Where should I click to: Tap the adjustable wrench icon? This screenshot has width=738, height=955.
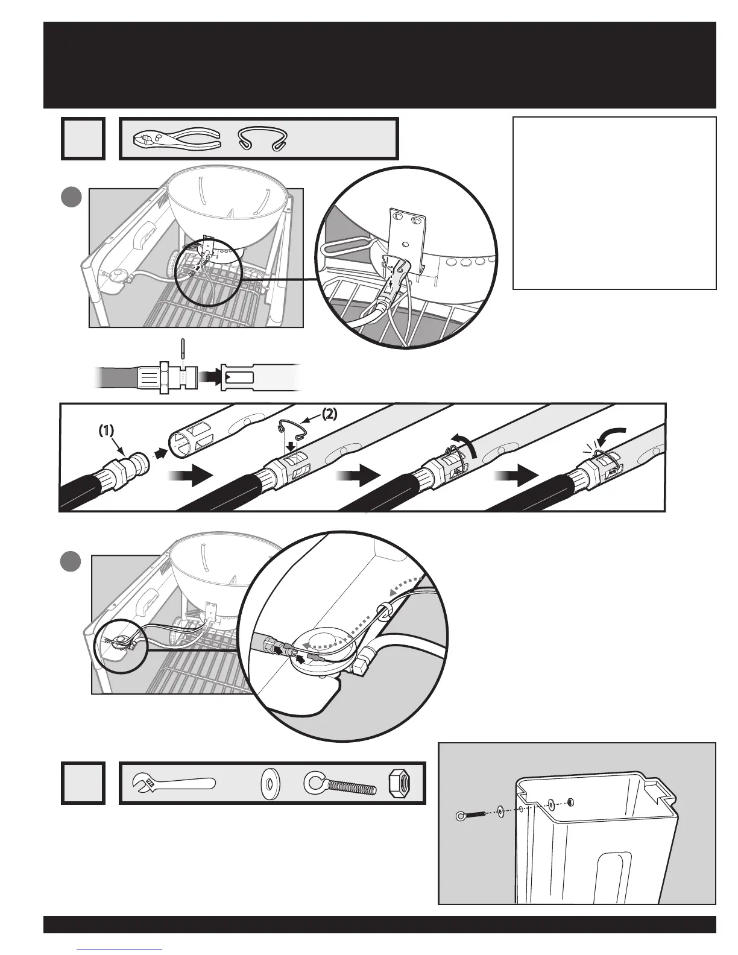point(172,784)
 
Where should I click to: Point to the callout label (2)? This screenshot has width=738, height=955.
point(329,414)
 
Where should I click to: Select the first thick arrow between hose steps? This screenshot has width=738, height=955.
point(191,476)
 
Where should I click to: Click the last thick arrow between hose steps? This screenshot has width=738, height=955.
point(515,476)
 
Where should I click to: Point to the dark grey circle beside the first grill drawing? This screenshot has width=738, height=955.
point(72,198)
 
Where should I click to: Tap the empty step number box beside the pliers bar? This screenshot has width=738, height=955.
point(83,139)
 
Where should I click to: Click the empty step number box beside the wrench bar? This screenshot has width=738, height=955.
point(83,783)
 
